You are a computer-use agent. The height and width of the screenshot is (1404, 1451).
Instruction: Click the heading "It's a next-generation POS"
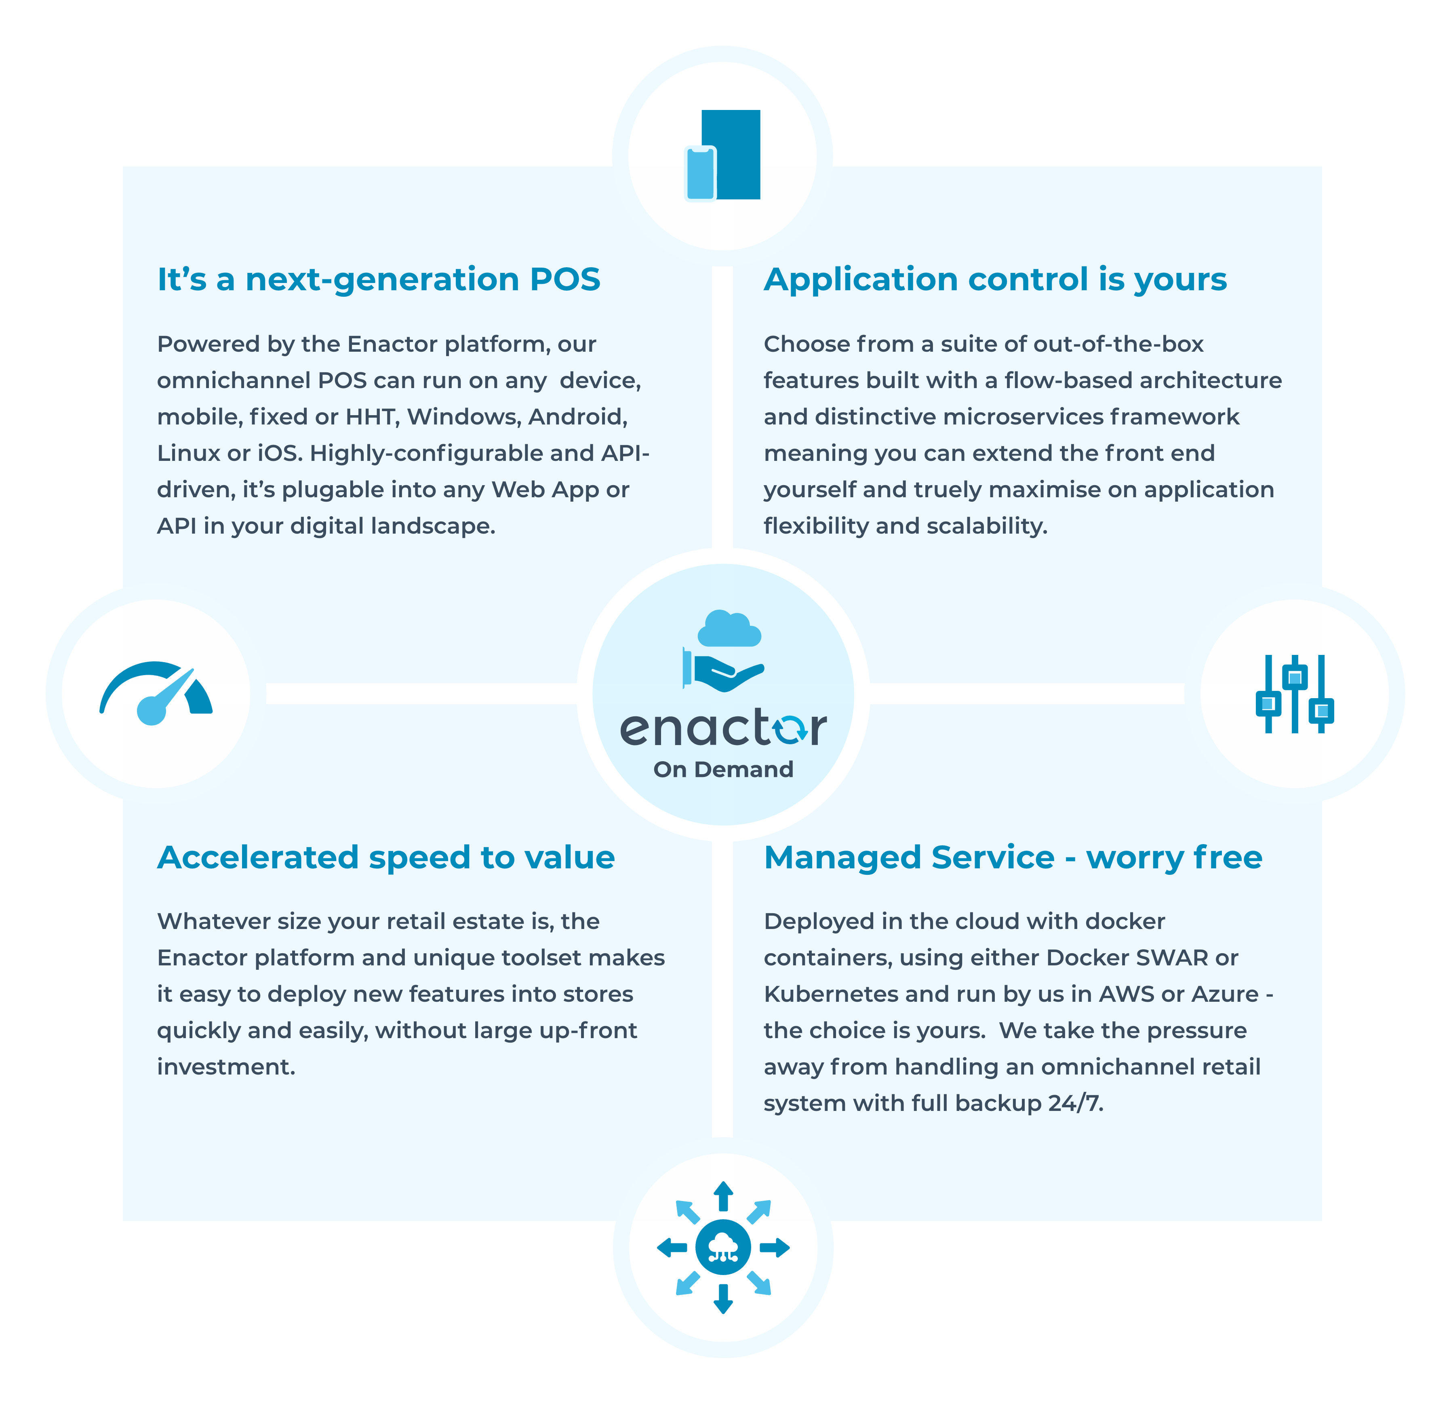tap(378, 280)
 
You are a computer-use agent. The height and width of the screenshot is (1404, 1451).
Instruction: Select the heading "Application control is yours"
tap(995, 280)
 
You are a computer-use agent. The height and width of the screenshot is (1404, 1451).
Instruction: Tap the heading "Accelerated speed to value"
tap(386, 857)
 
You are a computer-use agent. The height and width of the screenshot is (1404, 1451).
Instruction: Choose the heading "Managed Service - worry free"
tap(1013, 857)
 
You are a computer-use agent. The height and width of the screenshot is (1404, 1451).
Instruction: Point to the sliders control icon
tap(1295, 694)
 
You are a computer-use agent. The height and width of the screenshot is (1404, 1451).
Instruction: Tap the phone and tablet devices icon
tap(722, 155)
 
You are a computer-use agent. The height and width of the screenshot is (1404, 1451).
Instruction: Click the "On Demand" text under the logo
tap(723, 769)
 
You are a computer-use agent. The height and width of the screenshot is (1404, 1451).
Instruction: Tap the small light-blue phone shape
tap(699, 173)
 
